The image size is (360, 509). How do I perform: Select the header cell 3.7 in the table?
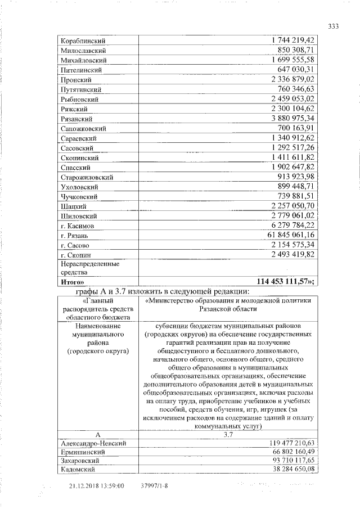[227, 435]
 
